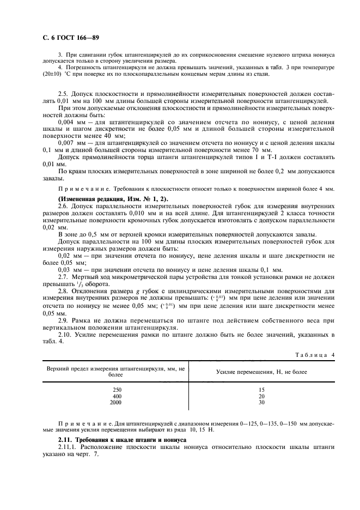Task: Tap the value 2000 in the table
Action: [115, 403]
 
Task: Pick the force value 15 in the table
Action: [261, 390]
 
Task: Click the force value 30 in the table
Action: [261, 403]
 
